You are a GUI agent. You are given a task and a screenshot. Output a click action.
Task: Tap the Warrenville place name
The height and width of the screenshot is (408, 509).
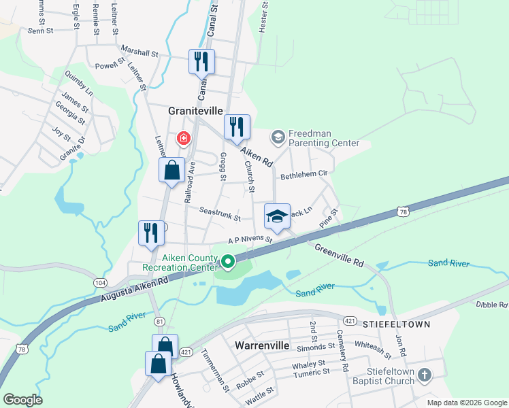point(263,345)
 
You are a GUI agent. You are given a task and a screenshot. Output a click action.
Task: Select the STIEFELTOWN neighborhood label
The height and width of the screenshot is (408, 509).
point(397,324)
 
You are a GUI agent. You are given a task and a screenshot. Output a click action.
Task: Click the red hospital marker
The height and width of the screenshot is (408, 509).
point(183,139)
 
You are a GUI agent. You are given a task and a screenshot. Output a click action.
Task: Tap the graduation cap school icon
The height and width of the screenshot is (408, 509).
point(277,217)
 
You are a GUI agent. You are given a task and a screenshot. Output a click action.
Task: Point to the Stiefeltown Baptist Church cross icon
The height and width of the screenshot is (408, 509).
point(425,375)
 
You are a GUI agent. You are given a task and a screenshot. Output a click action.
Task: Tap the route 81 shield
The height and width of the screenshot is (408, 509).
point(159,321)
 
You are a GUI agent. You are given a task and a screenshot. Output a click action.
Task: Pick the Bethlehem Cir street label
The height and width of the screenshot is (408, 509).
point(304,173)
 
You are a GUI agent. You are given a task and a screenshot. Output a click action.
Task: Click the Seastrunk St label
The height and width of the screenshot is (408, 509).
point(220,214)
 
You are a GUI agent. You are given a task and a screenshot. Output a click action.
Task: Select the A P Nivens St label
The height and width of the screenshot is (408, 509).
point(250,240)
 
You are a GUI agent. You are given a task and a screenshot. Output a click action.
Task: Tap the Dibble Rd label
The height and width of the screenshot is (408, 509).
point(491,305)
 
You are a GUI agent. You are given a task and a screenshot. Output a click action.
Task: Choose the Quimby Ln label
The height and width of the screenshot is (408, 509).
point(78,82)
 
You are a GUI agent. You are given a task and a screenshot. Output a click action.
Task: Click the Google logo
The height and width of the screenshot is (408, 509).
point(22,400)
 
